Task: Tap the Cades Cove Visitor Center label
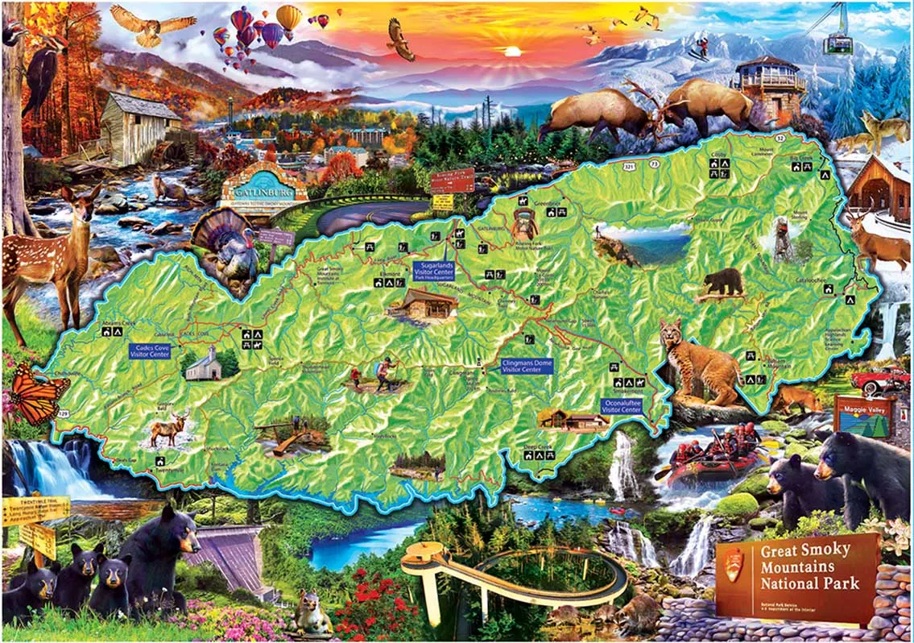point(150,351)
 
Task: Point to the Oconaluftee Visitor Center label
point(622,405)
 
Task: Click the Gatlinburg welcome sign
point(263,192)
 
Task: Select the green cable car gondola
point(837,41)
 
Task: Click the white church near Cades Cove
point(202,366)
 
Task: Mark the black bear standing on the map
point(722,282)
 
